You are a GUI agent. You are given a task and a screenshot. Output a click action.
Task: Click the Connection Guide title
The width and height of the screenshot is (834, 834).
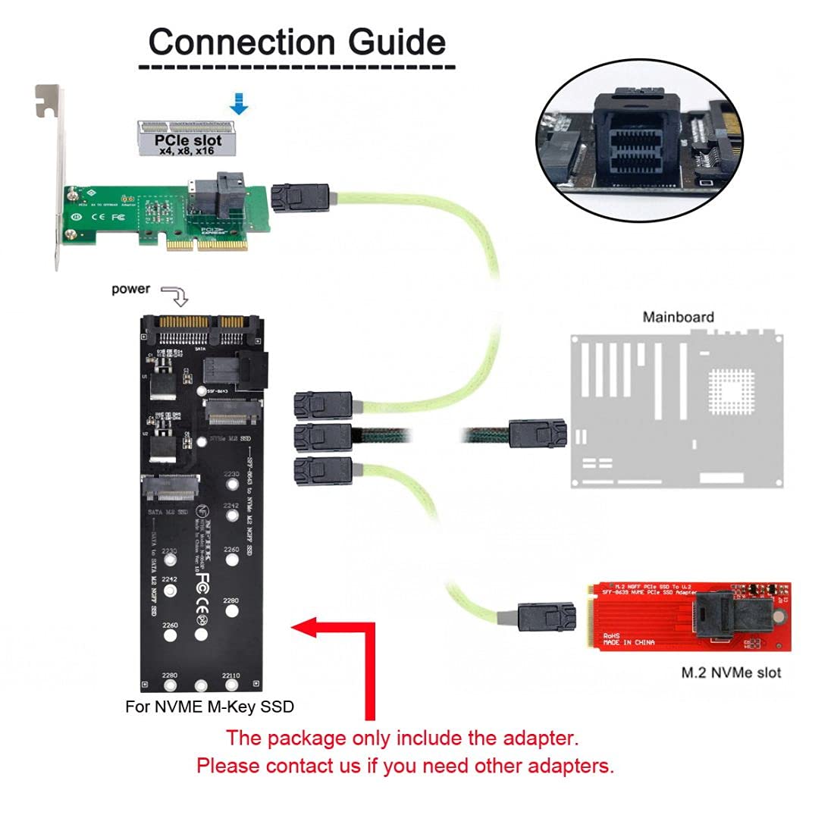[296, 42]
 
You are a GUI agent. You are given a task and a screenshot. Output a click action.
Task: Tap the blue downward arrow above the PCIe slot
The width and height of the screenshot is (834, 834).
[239, 103]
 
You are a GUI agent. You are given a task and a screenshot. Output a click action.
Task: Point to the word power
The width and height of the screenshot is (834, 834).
[130, 289]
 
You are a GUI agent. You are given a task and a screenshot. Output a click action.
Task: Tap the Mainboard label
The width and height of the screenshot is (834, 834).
[678, 317]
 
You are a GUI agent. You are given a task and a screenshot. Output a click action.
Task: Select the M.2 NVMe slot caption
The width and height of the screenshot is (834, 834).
[731, 672]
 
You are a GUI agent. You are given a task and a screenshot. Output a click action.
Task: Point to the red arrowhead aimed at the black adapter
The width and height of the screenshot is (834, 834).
[307, 627]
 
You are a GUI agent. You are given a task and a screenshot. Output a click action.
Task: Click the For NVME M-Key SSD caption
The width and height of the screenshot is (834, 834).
[209, 707]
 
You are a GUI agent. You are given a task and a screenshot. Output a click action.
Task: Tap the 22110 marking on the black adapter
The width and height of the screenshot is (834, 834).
[230, 676]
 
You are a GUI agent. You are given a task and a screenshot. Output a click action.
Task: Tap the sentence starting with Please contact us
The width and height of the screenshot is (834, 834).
[405, 765]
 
